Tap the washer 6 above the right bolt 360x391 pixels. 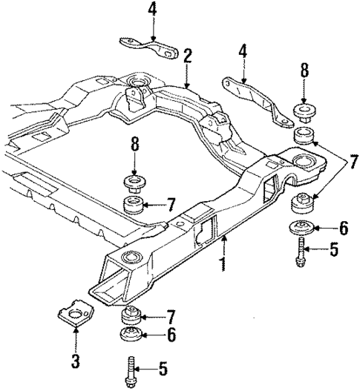click(302, 229)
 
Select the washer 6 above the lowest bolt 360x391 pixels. click(131, 336)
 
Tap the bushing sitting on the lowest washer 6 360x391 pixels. click(131, 315)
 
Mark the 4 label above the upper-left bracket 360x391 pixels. click(151, 10)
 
